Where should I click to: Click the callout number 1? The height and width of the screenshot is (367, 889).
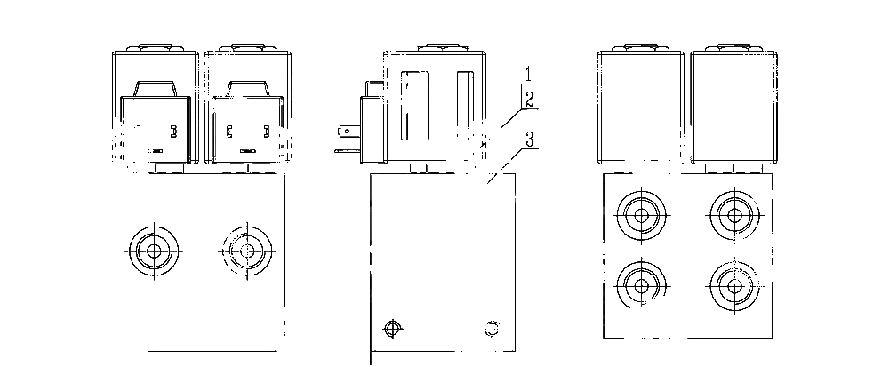pos(528,74)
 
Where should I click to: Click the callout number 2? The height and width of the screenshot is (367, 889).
pos(528,100)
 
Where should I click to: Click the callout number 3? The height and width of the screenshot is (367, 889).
pos(530,140)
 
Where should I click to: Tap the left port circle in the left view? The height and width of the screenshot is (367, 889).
pos(154,251)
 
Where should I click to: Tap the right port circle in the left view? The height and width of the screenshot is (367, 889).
pos(246,251)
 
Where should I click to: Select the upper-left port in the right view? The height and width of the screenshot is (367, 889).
pos(641,215)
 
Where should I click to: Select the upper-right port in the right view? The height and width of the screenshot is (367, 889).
pos(734,215)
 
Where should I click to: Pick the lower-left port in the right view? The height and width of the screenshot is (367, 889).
pos(641,286)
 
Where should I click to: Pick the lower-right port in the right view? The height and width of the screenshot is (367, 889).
pos(734,286)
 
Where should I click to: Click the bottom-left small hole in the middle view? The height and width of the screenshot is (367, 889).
pos(392,329)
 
